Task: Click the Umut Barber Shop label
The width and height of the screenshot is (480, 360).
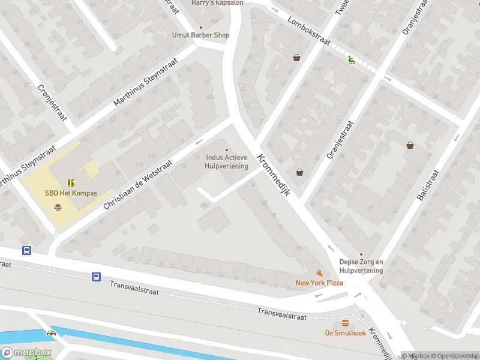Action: pos(200,35)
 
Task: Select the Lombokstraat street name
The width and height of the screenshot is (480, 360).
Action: pos(309,30)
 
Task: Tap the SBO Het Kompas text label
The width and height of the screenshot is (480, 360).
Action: pos(71,193)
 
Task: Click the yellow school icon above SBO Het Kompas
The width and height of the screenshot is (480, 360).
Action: pos(71,183)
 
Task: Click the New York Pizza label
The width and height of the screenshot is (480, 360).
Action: pos(319,283)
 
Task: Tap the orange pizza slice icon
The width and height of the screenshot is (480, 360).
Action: pos(319,273)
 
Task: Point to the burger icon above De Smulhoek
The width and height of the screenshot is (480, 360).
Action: pos(345,323)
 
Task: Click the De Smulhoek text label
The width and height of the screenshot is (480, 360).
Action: pos(345,333)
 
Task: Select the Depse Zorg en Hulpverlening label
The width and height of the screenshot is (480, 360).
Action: pos(361,266)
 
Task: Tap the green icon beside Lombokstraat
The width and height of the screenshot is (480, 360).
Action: pos(351,59)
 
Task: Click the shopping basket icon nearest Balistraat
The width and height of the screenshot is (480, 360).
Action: pos(410,145)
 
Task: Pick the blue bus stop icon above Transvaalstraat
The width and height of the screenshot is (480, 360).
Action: pos(96,277)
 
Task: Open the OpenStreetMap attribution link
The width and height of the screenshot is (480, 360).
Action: pos(454,356)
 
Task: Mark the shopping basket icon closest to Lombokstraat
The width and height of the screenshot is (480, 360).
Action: pos(296,58)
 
